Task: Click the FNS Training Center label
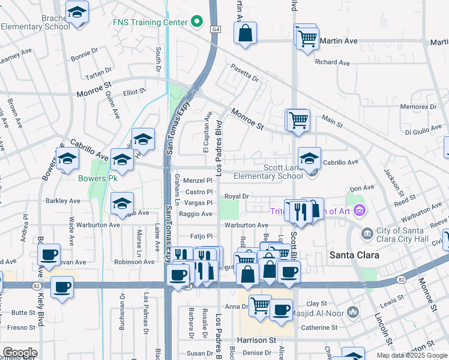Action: [x=151, y=23]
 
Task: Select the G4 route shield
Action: [x=214, y=29]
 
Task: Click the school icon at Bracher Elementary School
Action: [x=77, y=13]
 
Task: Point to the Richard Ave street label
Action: [x=332, y=62]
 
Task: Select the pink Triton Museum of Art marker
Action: [x=360, y=210]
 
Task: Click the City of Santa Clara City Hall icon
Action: [x=366, y=232]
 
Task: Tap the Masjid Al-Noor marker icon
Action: [x=353, y=312]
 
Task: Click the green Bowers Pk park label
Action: [x=97, y=178]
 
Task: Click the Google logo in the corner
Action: [x=19, y=353]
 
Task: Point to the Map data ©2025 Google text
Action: [x=412, y=355]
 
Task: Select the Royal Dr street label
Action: [x=237, y=196]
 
